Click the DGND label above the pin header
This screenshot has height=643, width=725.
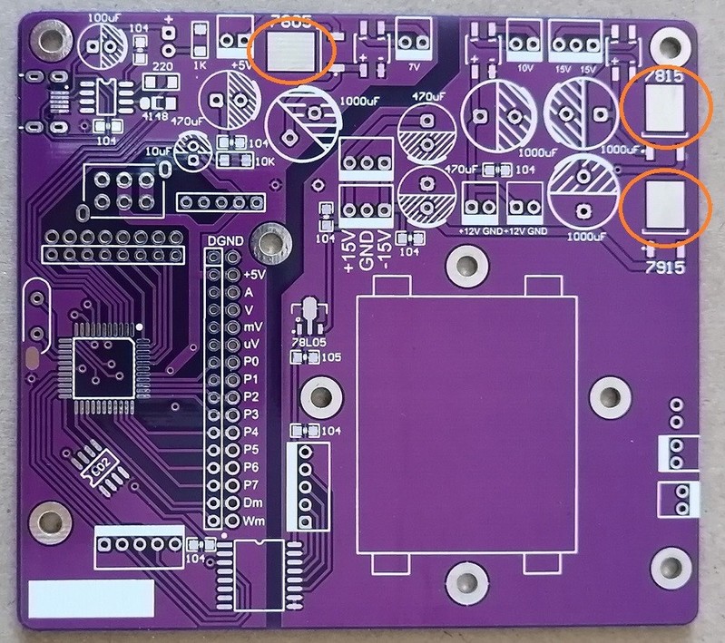(224, 241)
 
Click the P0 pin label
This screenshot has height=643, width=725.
(252, 362)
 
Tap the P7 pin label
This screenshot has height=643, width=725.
(252, 484)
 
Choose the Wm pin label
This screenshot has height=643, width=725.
(254, 521)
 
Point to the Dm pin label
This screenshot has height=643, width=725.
(254, 502)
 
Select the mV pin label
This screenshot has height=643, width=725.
(254, 326)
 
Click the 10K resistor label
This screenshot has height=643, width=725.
(264, 161)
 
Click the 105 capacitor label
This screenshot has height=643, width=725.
(331, 358)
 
